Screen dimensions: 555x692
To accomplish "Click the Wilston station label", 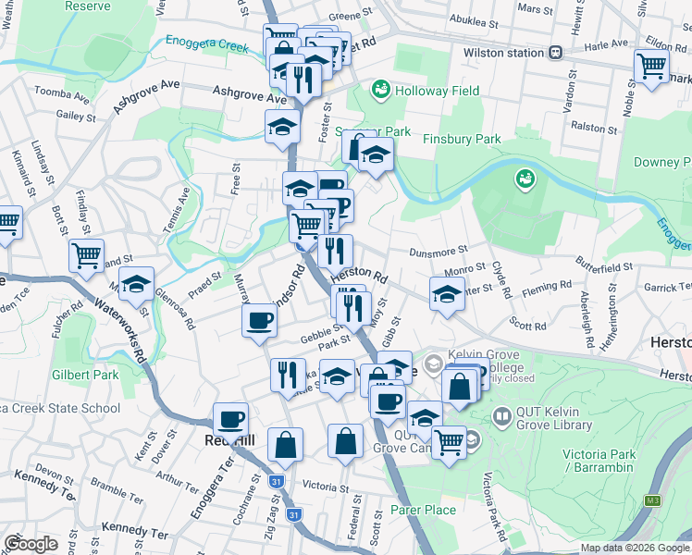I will (503, 53).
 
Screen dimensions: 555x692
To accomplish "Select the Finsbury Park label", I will (461, 139).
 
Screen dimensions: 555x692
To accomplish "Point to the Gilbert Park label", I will (85, 375).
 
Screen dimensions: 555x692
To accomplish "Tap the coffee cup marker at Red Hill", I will (230, 419).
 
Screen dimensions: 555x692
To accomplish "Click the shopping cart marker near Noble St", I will (651, 66).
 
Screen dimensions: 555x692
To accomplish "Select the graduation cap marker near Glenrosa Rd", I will (136, 284).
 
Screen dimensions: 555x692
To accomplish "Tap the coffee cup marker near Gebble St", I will (258, 320).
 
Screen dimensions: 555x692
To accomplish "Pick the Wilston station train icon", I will (556, 53).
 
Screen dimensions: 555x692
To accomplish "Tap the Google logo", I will (31, 544).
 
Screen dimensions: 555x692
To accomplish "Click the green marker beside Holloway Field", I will (379, 90).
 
